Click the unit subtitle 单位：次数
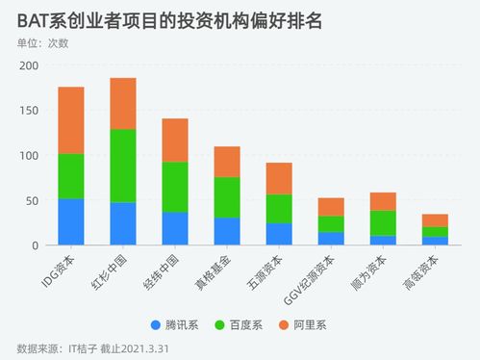[x=49, y=43]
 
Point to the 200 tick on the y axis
[x=28, y=65]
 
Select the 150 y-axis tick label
[x=28, y=111]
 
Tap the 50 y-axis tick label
[x=32, y=200]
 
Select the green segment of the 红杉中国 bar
[x=123, y=166]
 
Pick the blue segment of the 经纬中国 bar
[x=174, y=228]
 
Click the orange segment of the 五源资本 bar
[x=279, y=178]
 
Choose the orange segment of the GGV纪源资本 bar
[x=331, y=207]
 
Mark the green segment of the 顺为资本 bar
[x=383, y=223]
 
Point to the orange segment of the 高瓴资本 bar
[x=435, y=220]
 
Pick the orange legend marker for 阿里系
[x=286, y=324]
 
